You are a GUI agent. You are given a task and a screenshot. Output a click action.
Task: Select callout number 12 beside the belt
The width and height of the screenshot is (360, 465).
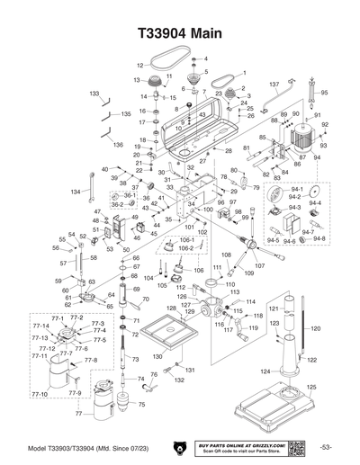(139, 66)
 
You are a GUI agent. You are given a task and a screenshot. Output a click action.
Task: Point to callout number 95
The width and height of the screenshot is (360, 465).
(325, 93)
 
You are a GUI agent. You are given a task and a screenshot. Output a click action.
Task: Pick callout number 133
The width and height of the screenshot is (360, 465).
(94, 93)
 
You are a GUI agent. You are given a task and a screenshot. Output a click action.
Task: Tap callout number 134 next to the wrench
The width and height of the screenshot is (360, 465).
(76, 192)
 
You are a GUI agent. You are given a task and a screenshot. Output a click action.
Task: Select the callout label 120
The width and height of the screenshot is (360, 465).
(315, 330)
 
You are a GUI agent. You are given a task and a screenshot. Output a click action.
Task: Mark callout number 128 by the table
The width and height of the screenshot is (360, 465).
(161, 309)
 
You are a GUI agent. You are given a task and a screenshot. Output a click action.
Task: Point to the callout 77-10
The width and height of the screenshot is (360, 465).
(40, 394)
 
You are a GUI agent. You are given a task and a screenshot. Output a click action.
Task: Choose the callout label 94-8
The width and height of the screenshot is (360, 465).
(319, 238)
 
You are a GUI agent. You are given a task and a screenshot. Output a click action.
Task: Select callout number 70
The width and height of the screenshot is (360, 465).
(146, 299)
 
